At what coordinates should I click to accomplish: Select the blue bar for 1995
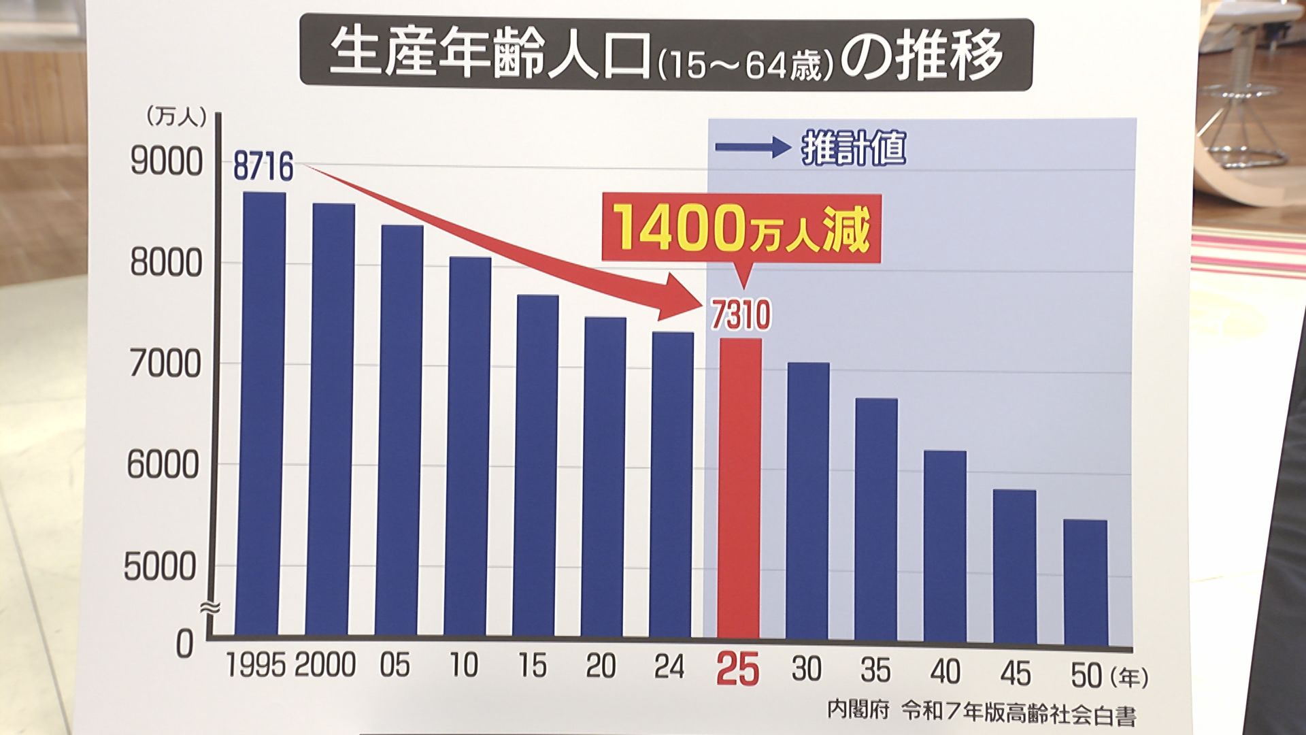pyautogui.click(x=264, y=415)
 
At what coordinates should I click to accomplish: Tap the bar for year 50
pyautogui.click(x=1086, y=582)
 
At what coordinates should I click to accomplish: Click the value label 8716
pyautogui.click(x=263, y=167)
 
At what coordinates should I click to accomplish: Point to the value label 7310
pyautogui.click(x=741, y=315)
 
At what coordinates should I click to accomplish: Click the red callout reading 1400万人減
pyautogui.click(x=741, y=229)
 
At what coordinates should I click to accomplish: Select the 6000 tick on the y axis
pyautogui.click(x=163, y=466)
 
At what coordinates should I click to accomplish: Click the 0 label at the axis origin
pyautogui.click(x=184, y=644)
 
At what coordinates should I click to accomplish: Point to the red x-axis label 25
pyautogui.click(x=737, y=670)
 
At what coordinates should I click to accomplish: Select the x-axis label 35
pyautogui.click(x=875, y=670)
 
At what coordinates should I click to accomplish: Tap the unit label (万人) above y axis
pyautogui.click(x=175, y=117)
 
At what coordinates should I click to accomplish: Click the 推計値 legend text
pyautogui.click(x=854, y=148)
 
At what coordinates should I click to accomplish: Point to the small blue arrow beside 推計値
pyautogui.click(x=752, y=147)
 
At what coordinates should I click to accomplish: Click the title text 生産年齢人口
pyautogui.click(x=490, y=54)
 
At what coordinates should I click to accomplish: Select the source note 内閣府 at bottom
pyautogui.click(x=858, y=711)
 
